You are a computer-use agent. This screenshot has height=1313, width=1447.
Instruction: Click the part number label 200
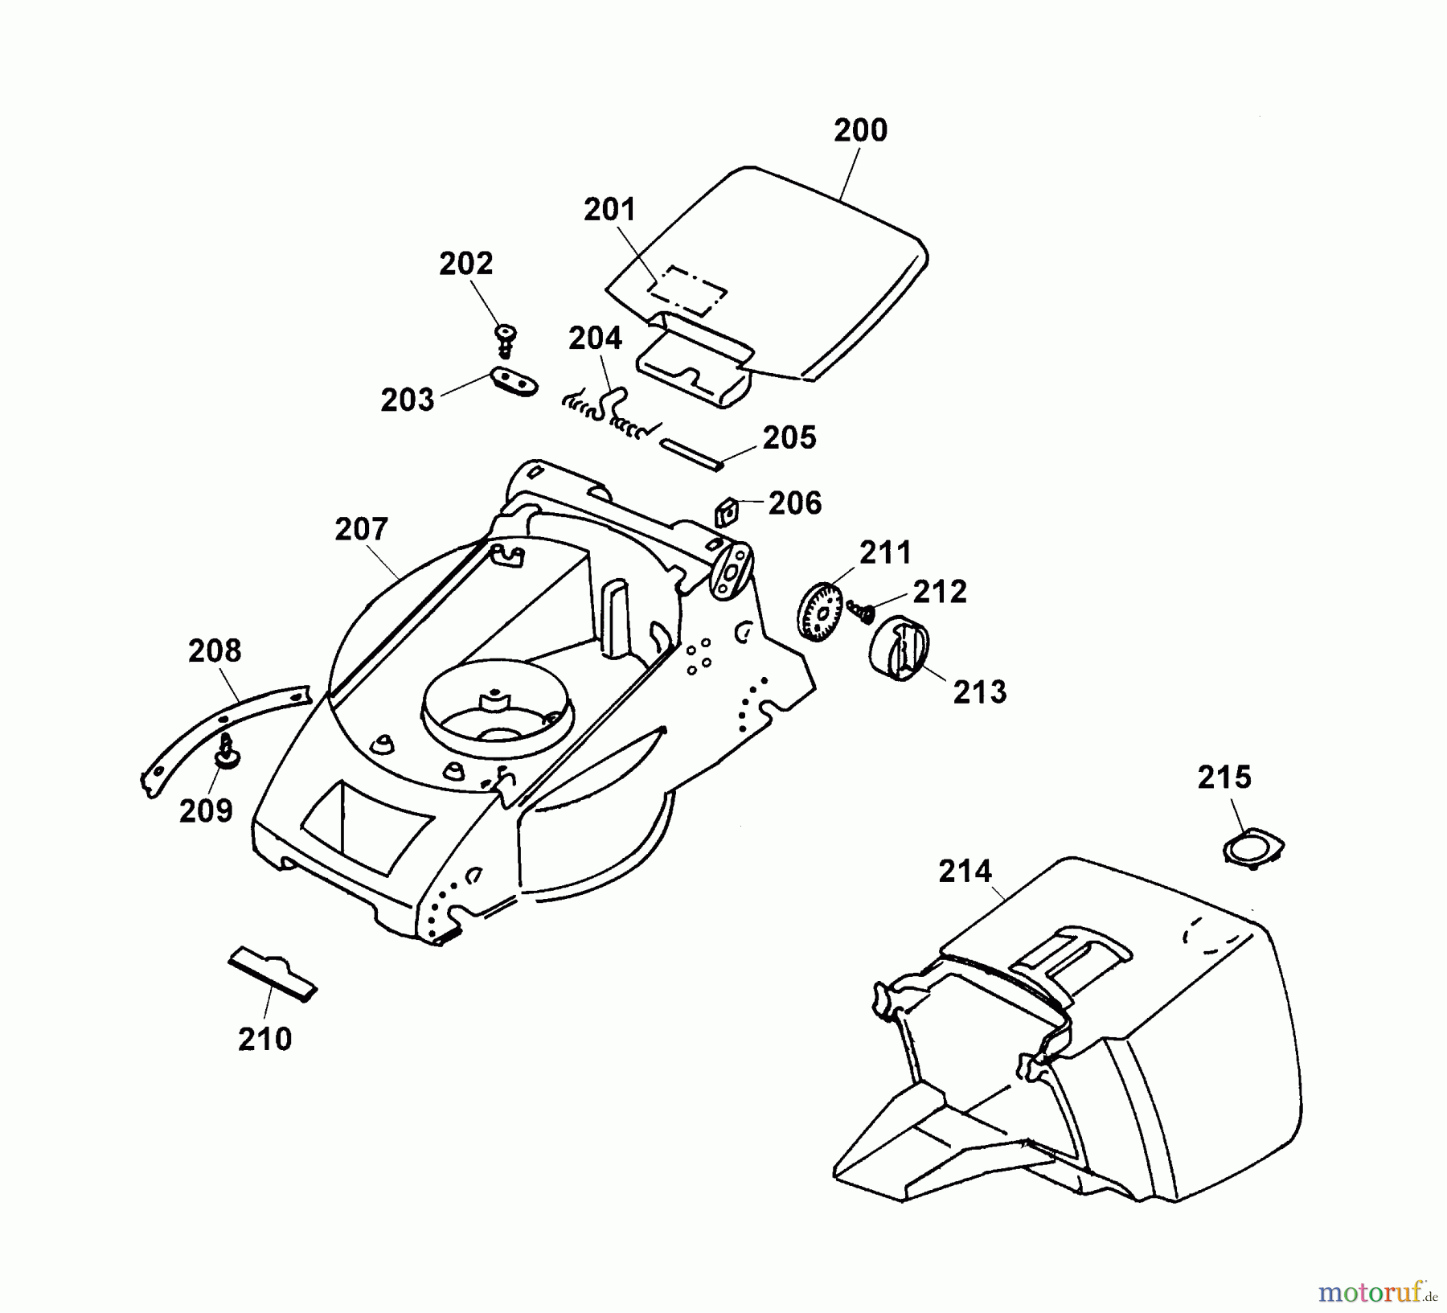pyautogui.click(x=860, y=130)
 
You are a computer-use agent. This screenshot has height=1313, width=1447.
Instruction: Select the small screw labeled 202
pyautogui.click(x=506, y=339)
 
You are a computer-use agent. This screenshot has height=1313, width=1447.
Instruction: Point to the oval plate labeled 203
pyautogui.click(x=513, y=381)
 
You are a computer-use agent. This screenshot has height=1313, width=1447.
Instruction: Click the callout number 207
pyautogui.click(x=361, y=529)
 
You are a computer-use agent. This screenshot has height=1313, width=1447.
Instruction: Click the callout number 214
pyautogui.click(x=965, y=871)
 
